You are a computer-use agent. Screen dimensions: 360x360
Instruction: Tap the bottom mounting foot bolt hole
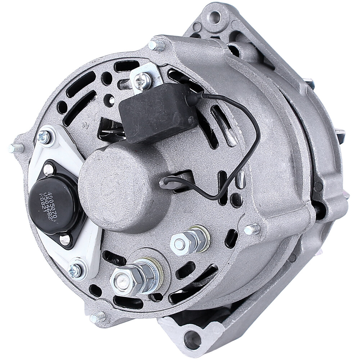coord(192,338)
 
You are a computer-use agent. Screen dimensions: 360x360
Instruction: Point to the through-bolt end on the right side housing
coord(252,229)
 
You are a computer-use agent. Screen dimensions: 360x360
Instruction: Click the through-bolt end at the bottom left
coord(98,318)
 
